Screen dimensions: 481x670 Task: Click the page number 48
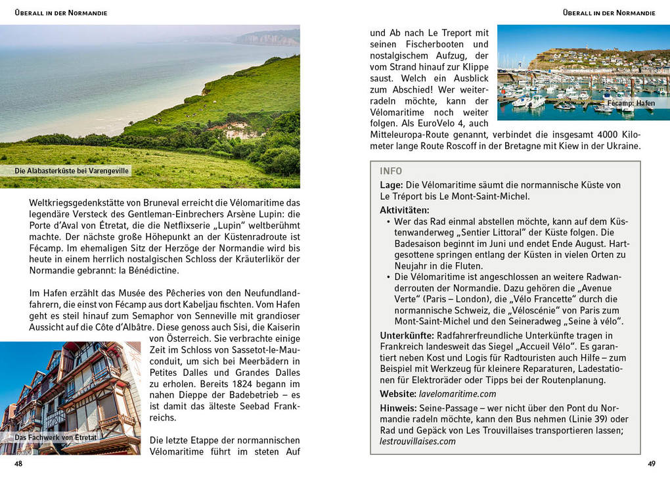[18, 463]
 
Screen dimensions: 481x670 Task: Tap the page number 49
[651, 463]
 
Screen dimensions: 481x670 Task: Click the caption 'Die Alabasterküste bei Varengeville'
[72, 171]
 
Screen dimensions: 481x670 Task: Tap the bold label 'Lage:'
[391, 185]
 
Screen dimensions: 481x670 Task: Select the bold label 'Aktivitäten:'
[404, 210]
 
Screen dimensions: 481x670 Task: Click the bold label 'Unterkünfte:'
[407, 335]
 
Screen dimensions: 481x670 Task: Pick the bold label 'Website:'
[398, 394]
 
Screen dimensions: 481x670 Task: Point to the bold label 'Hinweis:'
[398, 408]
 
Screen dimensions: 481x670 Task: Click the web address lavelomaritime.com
[457, 394]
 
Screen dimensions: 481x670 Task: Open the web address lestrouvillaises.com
[418, 441]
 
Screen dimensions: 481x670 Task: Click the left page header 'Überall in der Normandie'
[60, 12]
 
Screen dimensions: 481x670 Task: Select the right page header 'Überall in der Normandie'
[609, 12]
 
